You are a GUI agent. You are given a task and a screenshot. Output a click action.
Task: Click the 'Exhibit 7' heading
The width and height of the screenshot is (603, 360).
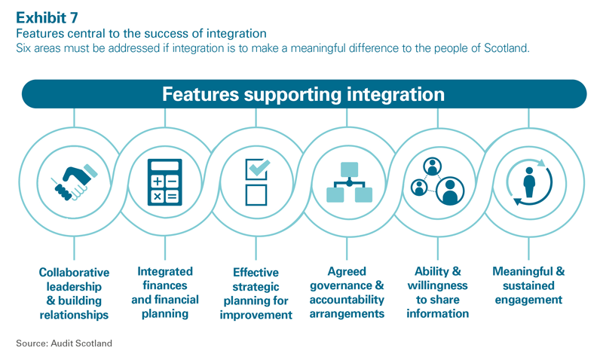pos(44,16)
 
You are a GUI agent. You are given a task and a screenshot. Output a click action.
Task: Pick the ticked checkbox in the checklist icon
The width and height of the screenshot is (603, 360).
pos(256,167)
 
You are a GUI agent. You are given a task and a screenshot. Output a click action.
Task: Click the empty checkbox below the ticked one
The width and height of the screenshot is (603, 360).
pos(256,195)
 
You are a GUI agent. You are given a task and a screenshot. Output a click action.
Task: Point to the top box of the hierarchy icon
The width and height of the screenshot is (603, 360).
pos(348,167)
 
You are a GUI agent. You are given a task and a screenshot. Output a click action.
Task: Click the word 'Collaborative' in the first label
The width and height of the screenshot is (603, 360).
pos(74,273)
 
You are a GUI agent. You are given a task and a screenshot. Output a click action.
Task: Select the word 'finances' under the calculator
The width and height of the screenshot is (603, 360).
pos(165,285)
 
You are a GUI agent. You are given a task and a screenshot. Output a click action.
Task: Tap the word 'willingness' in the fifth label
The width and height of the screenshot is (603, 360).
pos(437,286)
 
